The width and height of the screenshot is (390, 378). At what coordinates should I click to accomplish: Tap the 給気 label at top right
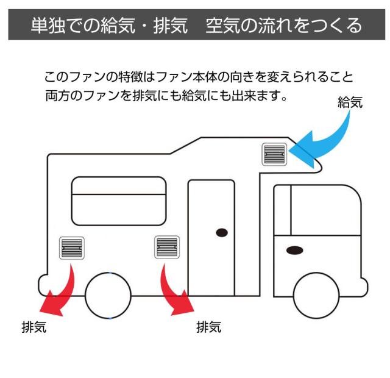pyautogui.click(x=350, y=103)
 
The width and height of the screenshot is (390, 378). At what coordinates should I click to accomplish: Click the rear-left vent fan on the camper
pyautogui.click(x=73, y=248)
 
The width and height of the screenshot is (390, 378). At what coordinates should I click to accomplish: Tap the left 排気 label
pyautogui.click(x=33, y=329)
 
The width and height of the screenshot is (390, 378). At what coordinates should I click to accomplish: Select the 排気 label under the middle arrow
pyautogui.click(x=209, y=327)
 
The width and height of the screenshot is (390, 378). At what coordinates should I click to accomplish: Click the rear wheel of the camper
pyautogui.click(x=108, y=296)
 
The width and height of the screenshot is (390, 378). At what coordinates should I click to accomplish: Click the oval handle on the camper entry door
pyautogui.click(x=222, y=232)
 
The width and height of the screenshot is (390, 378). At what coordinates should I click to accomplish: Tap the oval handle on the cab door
pyautogui.click(x=296, y=249)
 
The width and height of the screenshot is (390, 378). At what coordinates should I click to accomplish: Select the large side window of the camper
pyautogui.click(x=119, y=199)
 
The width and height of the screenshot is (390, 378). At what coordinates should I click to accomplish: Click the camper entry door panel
pyautogui.click(x=210, y=238)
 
